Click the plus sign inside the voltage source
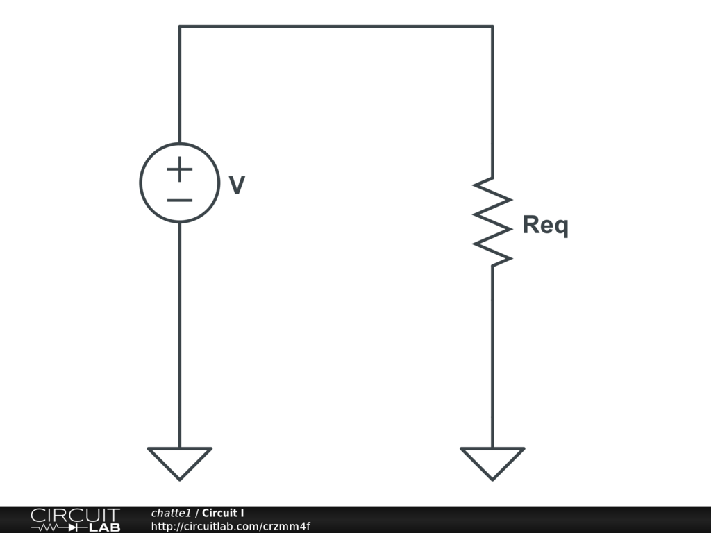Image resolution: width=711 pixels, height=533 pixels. (x=179, y=169)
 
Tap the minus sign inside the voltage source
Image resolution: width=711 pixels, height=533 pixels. (x=179, y=201)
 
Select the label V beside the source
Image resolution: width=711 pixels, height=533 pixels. (x=237, y=185)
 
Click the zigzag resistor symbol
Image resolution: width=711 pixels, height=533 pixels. (x=492, y=221)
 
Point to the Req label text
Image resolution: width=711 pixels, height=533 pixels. (x=545, y=226)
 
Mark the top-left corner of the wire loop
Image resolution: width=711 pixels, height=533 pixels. (x=179, y=26)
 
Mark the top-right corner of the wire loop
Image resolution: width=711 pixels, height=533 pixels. (x=492, y=26)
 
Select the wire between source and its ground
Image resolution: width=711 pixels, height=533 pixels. (x=179, y=333)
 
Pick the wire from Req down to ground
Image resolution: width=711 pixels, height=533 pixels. (x=492, y=354)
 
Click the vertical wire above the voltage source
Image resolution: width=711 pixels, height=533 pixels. (x=179, y=83)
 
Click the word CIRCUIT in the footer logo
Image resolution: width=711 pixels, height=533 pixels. (x=75, y=515)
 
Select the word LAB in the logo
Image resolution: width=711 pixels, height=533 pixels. (x=105, y=527)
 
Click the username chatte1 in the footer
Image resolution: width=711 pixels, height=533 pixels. (x=171, y=513)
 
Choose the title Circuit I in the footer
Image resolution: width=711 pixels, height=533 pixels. (x=223, y=513)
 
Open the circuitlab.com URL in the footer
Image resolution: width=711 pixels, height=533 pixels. (x=231, y=526)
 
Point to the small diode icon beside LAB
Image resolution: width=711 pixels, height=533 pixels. (x=75, y=527)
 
